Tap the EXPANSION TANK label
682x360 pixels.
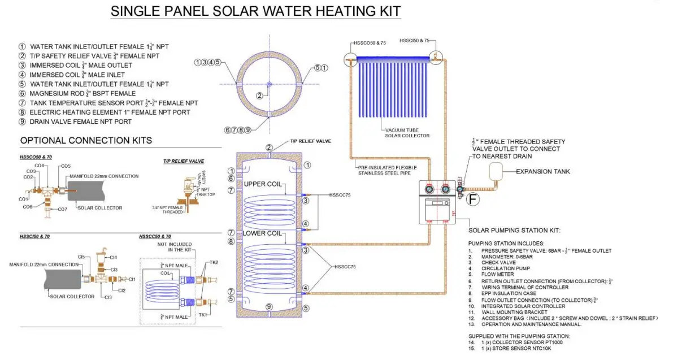[x=543, y=171]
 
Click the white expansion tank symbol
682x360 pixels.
[x=497, y=170]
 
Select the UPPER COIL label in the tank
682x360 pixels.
[x=263, y=184]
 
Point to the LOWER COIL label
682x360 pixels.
[x=262, y=233]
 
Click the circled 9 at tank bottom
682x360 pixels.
[x=269, y=306]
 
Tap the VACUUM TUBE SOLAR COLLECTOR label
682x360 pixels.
[x=407, y=133]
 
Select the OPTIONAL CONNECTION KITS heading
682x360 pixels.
[x=86, y=140]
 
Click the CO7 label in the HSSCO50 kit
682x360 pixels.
[x=63, y=209]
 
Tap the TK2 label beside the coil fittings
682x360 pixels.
[x=213, y=262]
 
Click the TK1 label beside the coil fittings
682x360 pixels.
[x=203, y=314]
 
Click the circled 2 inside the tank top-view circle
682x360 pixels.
[x=259, y=96]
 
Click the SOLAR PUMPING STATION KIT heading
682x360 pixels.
[x=514, y=231]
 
